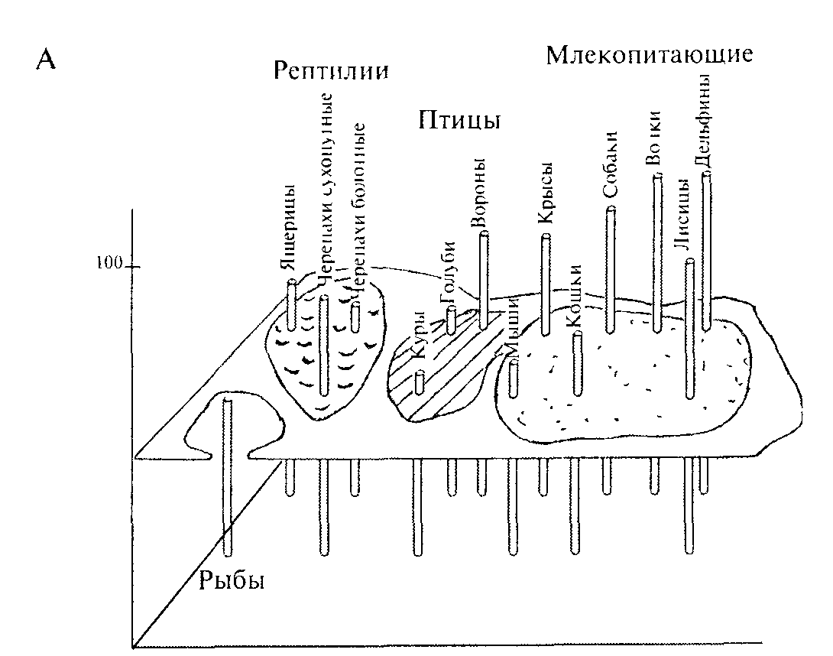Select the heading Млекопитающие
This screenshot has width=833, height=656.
650,55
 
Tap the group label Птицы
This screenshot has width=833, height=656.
459,121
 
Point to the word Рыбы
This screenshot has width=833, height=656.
232,581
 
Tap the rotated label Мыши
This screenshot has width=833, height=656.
510,330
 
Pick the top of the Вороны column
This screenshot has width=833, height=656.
483,234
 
